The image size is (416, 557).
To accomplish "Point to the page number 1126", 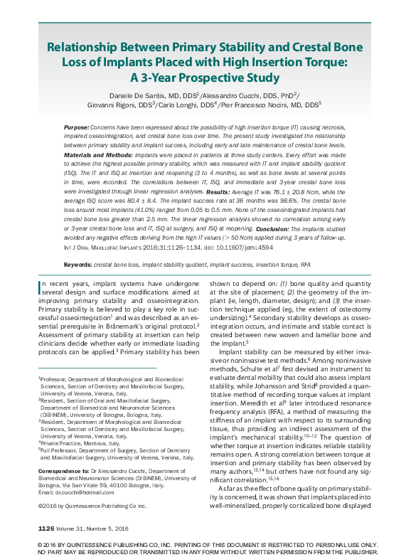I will click(46, 528).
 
